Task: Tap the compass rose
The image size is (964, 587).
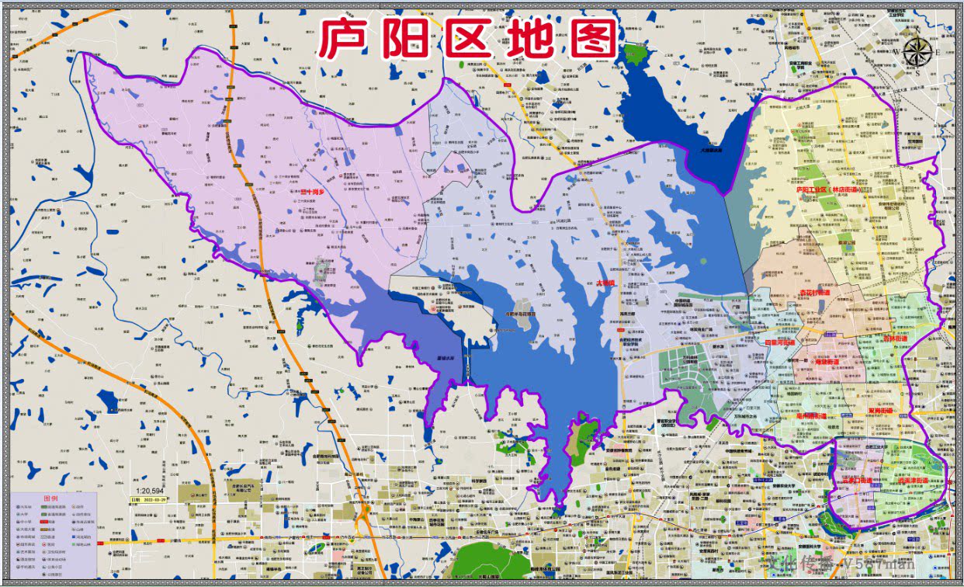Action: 918,53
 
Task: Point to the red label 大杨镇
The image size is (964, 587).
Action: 605,283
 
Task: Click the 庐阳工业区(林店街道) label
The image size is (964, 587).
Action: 834,189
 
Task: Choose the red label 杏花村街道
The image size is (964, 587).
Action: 813,293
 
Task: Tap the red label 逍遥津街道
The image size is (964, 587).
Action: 914,481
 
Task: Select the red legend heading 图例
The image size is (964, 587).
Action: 50,498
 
